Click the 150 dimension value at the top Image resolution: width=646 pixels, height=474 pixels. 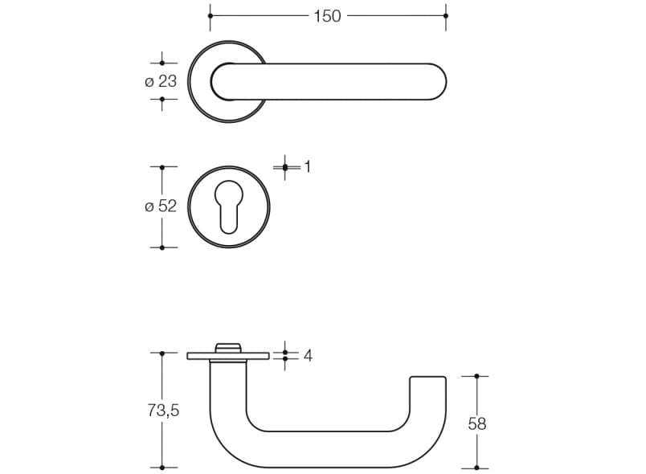point(327,16)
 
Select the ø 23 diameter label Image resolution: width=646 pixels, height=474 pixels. point(160,81)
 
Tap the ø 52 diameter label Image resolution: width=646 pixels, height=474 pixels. point(160,206)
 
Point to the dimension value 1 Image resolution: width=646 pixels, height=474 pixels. point(307,167)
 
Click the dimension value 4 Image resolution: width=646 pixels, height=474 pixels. point(308,355)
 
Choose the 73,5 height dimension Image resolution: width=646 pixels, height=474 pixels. point(163,411)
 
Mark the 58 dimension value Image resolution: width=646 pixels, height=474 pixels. point(477,423)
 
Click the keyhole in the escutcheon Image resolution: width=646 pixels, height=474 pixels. point(229,206)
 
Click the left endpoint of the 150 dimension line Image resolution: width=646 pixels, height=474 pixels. point(211,16)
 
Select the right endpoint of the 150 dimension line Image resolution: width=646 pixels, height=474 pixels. point(445,16)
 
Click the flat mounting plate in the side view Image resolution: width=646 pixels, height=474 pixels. point(201,356)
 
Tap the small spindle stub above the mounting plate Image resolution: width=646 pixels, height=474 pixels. point(229,347)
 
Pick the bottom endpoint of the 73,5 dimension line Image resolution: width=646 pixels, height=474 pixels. point(163,467)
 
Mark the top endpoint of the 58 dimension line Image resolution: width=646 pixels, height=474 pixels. point(477,376)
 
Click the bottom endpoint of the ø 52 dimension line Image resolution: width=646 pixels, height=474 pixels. point(162,247)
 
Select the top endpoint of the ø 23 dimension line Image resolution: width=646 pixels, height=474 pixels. point(162,63)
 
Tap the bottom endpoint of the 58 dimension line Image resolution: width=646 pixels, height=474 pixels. point(477,467)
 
